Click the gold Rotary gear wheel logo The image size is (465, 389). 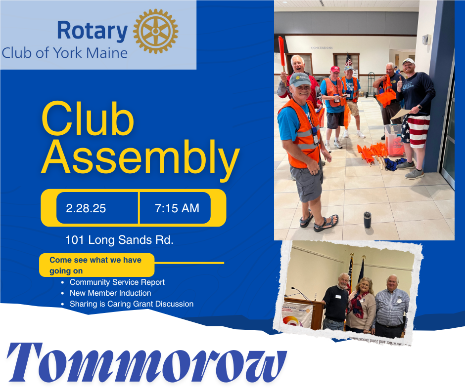pos(156,32)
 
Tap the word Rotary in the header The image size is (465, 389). pos(92,31)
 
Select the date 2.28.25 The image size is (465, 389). pos(86,208)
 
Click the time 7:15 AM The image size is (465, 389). pos(177,208)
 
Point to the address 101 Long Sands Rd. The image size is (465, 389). pos(119,240)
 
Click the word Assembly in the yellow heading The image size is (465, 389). pos(140,157)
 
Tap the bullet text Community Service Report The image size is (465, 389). pos(117,282)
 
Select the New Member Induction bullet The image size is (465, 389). pos(110,293)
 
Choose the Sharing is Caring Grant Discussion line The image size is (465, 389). pos(132,304)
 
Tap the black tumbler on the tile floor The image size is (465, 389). pos(368,220)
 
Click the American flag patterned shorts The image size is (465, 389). pos(415,131)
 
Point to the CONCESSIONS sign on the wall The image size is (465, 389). pos(322,48)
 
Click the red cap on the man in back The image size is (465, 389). pos(335,69)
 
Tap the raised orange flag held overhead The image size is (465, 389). pos(282,53)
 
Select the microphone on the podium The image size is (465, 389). pos(300,292)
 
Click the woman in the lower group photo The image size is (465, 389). pos(361,305)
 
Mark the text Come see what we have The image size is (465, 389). pos(95,260)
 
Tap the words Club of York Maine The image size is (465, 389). pos(65,53)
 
